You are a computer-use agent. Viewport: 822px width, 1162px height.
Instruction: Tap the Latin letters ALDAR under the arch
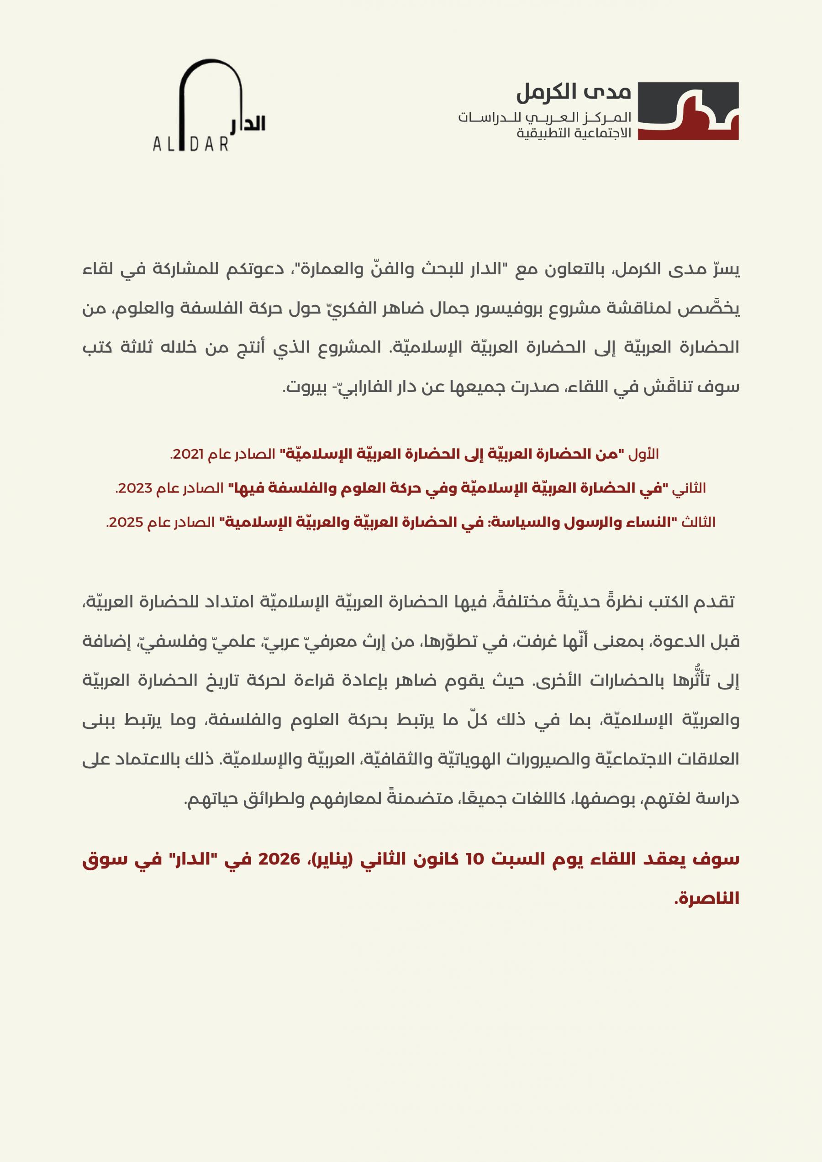tap(190, 145)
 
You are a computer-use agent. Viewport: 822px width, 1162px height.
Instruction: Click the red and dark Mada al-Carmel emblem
tap(688, 111)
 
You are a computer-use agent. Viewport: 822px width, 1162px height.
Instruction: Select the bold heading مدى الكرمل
tap(573, 92)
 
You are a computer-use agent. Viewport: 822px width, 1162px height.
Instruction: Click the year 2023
tap(135, 488)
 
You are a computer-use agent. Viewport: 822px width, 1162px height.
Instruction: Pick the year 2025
tap(126, 522)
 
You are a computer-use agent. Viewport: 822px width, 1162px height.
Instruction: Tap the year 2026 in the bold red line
tap(279, 859)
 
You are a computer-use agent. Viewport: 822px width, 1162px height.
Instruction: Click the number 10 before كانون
tap(474, 859)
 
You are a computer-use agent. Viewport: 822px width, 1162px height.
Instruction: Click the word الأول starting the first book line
tap(643, 454)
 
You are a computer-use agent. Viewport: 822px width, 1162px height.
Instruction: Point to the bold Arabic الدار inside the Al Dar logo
tap(248, 124)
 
